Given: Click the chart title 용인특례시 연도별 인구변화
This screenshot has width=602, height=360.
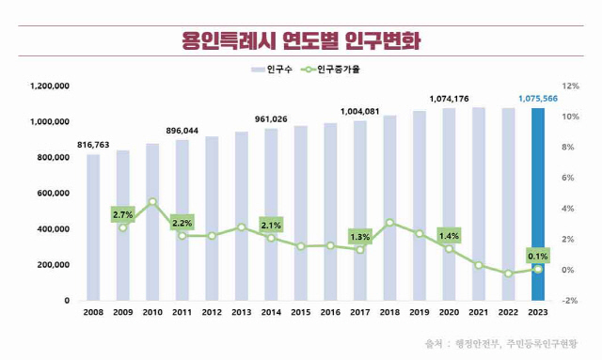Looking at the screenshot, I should point(301,41).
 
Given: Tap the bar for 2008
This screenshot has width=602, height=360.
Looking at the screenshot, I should point(93,227).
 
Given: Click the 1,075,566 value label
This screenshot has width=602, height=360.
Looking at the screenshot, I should point(537,97).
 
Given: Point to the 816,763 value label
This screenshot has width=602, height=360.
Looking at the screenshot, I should point(93,145).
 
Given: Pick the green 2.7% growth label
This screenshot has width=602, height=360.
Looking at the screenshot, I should point(122,215).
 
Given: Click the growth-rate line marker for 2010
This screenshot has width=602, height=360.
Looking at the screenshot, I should point(152,202).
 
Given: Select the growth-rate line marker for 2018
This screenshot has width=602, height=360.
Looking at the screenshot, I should point(389,223).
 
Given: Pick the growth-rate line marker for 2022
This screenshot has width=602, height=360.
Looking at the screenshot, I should point(508,274).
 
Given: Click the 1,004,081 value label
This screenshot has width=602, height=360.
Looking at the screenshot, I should point(359,111).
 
